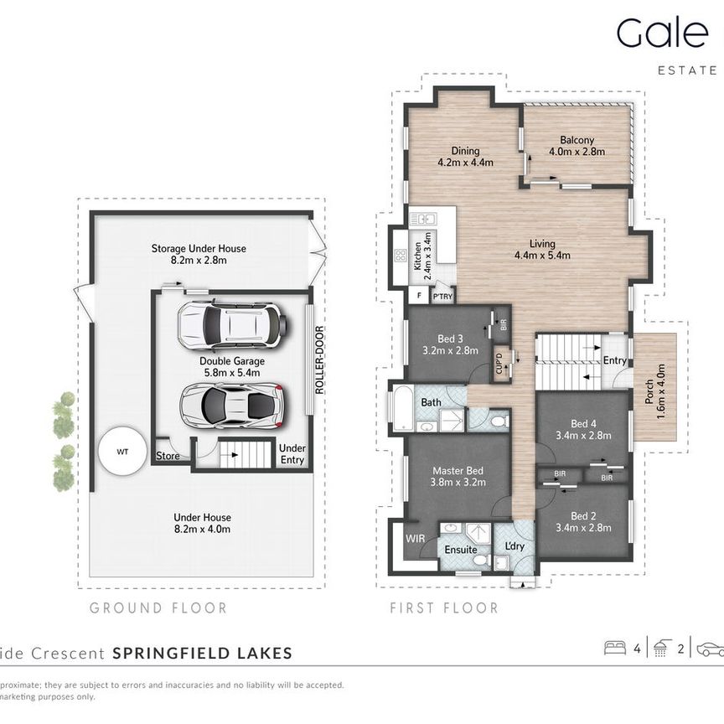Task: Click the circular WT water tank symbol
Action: click(x=122, y=451)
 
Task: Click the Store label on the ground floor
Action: click(x=168, y=456)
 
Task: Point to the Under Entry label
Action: click(x=292, y=453)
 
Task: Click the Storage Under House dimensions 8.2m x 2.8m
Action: click(x=199, y=261)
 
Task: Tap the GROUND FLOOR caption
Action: click(x=158, y=608)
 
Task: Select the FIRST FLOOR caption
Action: click(x=443, y=608)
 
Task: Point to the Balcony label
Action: click(x=577, y=141)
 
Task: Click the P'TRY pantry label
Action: click(x=442, y=296)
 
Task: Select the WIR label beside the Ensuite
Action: click(x=415, y=538)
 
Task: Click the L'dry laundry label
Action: click(x=514, y=546)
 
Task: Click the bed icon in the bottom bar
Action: click(x=614, y=648)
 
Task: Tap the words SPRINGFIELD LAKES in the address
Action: click(x=202, y=653)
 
